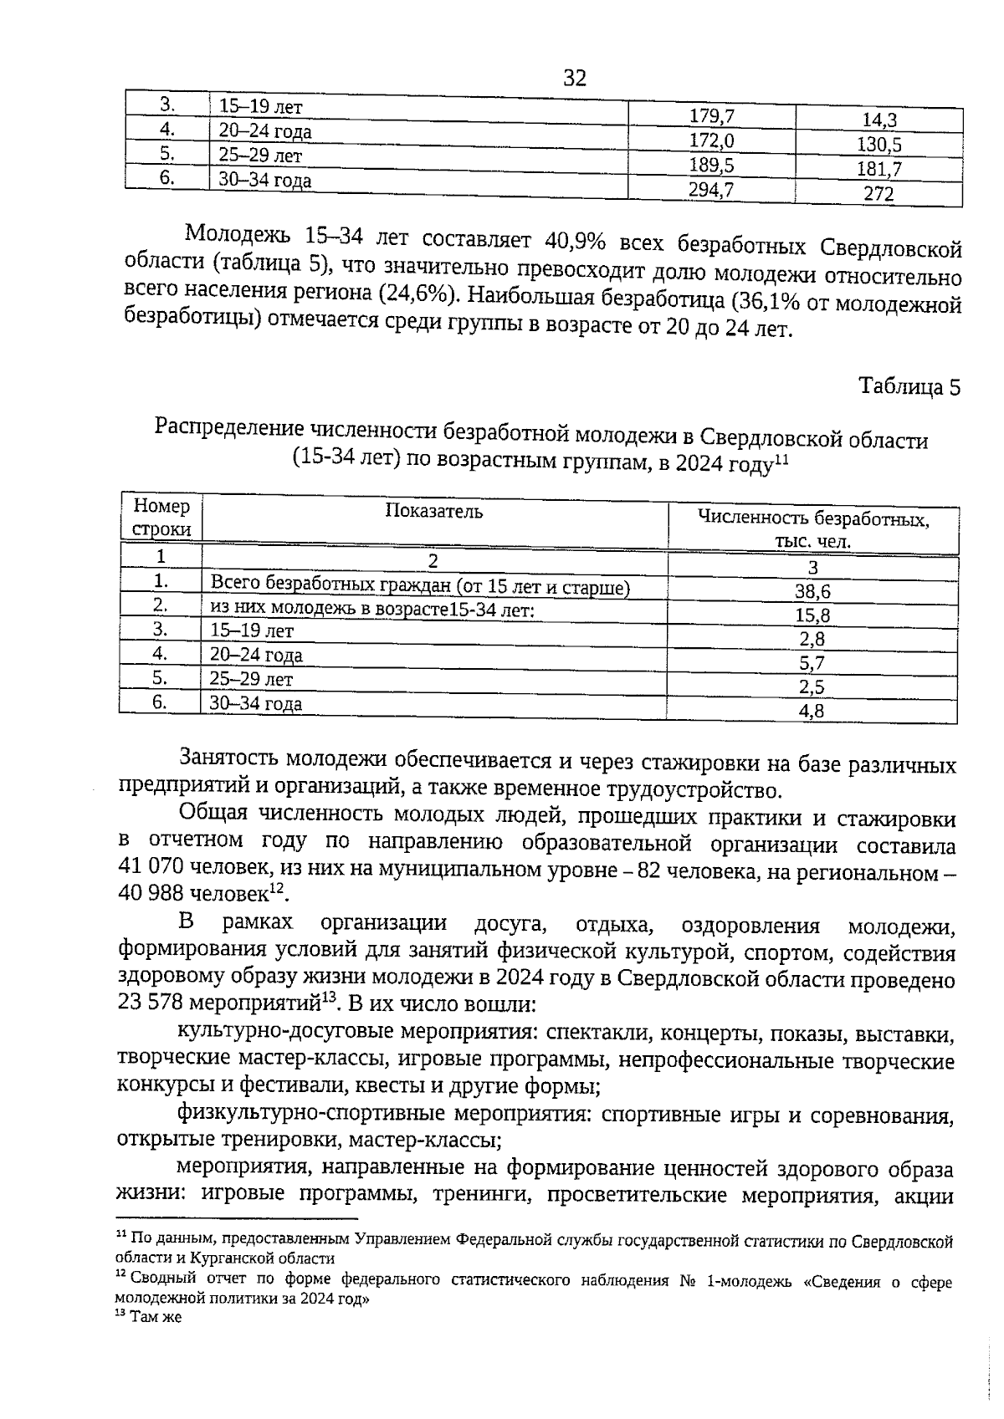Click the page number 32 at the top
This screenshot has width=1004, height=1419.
(x=575, y=79)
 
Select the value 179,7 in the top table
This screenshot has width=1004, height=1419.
(x=711, y=116)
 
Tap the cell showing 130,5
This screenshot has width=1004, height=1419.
(x=878, y=145)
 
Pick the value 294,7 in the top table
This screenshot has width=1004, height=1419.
(x=711, y=190)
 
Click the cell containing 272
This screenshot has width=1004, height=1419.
(x=878, y=195)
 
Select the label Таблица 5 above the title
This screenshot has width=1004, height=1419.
(x=910, y=386)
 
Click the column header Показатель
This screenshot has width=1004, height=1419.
(x=433, y=512)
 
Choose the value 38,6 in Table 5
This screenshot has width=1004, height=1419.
(x=812, y=592)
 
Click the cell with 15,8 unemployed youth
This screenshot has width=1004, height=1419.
(x=812, y=616)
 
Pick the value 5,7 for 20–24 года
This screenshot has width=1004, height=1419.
(x=812, y=664)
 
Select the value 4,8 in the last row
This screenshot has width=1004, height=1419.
(x=812, y=712)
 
